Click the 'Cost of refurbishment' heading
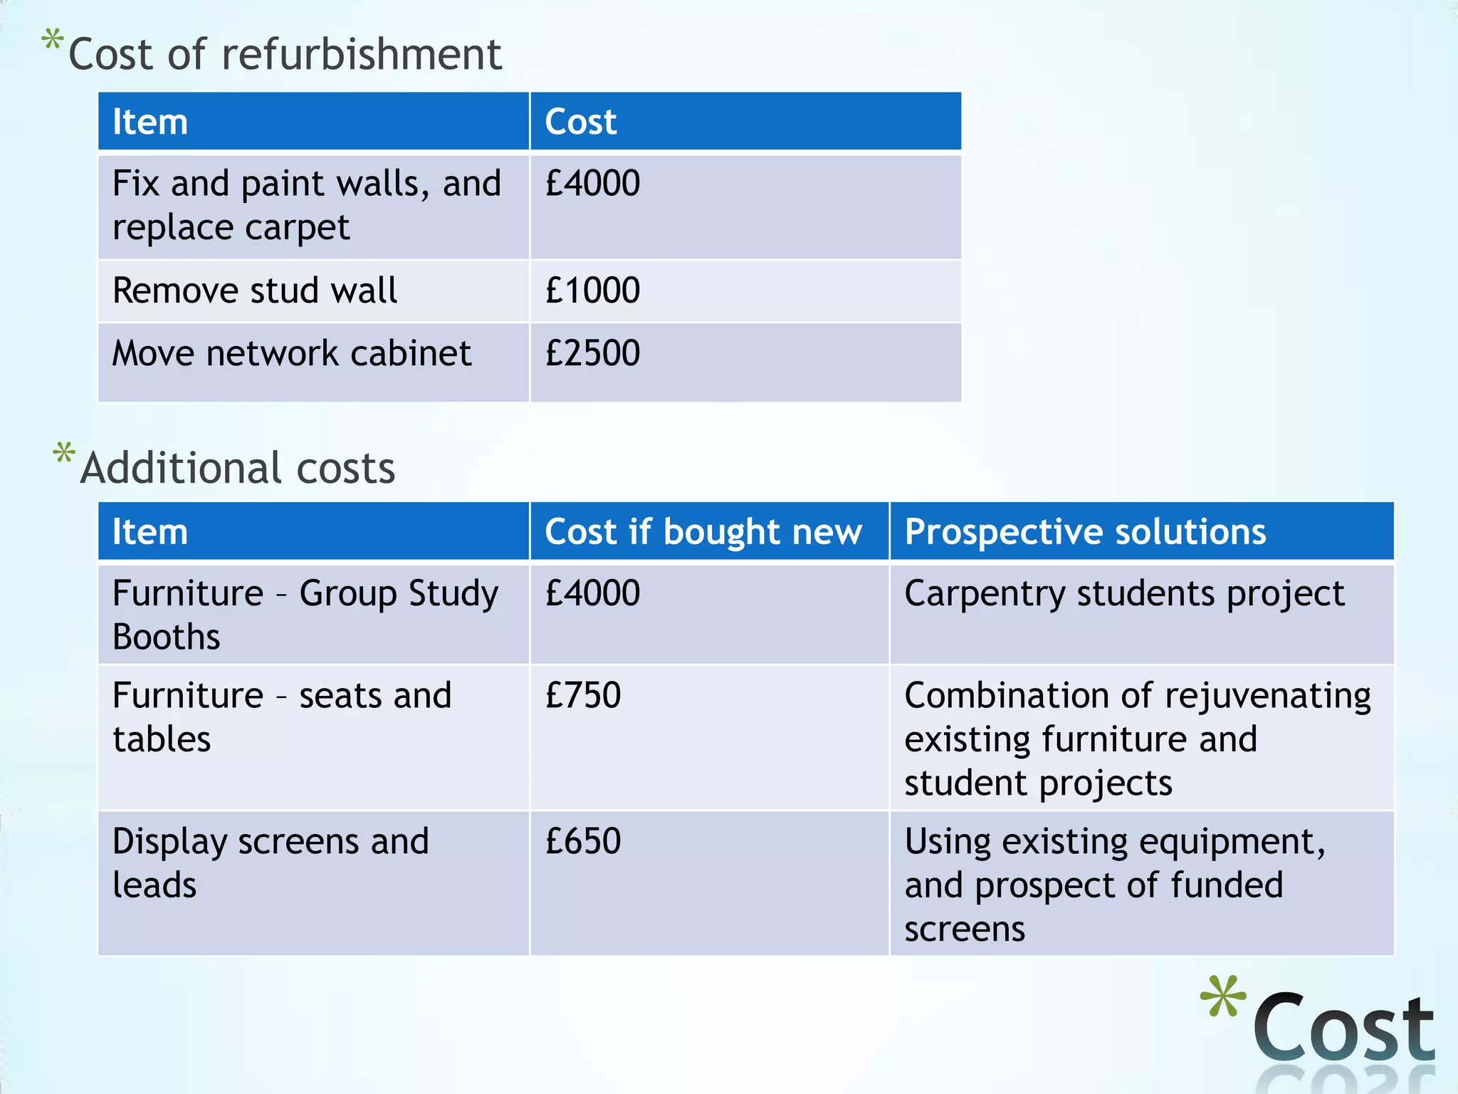tap(285, 55)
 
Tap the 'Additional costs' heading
tap(238, 469)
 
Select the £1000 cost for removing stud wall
tap(592, 291)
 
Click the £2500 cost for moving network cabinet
tap(592, 353)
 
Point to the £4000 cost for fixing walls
tap(592, 183)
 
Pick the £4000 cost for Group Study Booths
tap(592, 593)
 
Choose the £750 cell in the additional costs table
tap(583, 695)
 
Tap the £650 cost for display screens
tap(583, 841)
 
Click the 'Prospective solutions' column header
tap(1085, 532)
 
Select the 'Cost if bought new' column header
tap(703, 532)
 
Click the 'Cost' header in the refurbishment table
tap(580, 122)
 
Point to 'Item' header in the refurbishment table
tap(150, 122)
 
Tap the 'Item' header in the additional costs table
tap(150, 532)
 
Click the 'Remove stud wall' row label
tap(255, 291)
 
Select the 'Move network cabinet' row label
tap(292, 353)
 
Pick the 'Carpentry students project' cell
tap(1124, 593)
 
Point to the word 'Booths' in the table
tap(167, 637)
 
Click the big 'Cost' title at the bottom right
tap(1343, 1028)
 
